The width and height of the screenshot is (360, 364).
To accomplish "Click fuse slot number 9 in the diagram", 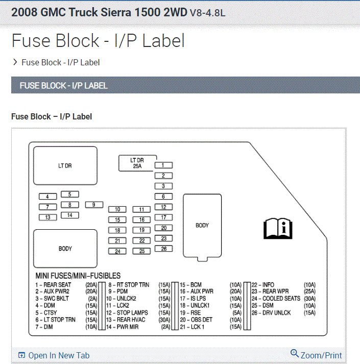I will click(x=93, y=205).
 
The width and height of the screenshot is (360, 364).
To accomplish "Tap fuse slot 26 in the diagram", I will click(x=163, y=249).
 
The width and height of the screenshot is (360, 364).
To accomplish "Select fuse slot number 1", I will click(x=163, y=165).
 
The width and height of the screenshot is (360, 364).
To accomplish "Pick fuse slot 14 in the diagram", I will click(x=70, y=215).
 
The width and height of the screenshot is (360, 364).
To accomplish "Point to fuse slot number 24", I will click(x=117, y=251).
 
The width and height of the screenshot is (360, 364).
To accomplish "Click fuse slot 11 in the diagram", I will click(x=142, y=209).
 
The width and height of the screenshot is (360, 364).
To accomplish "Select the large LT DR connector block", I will click(x=65, y=165).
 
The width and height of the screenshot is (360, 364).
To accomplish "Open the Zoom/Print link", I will click(x=316, y=355).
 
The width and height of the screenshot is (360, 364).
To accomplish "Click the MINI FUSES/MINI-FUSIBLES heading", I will click(x=78, y=276).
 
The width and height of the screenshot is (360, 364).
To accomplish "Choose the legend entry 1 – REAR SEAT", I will click(x=53, y=284).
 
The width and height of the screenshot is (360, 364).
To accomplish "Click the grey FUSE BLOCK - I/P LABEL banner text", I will click(x=63, y=86).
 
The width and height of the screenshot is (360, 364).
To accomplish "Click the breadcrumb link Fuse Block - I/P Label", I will click(x=60, y=62).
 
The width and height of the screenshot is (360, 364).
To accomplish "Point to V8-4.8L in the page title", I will click(x=207, y=12).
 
